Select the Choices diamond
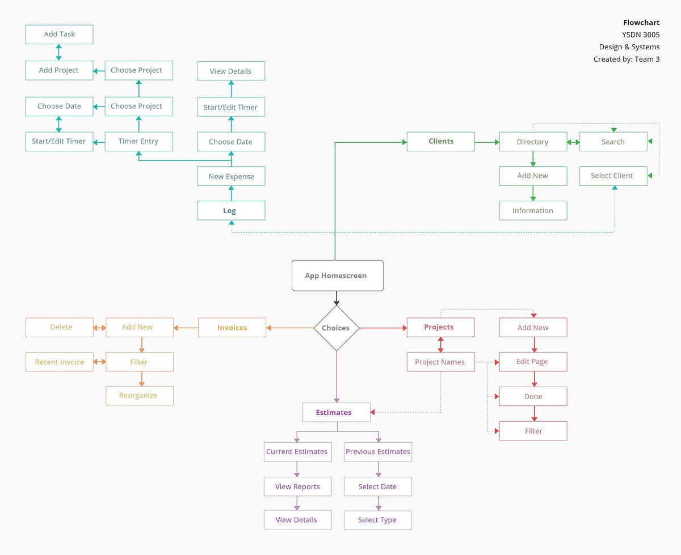pos(337,328)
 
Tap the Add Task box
pos(59,35)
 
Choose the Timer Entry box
pos(138,141)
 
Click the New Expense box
pos(231,176)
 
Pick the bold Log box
pos(231,210)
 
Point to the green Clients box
pos(440,141)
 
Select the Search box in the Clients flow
pos(613,142)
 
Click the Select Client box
pos(613,176)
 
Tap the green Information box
pos(533,210)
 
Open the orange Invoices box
pos(232,328)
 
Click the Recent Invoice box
pos(59,362)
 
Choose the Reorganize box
pos(139,395)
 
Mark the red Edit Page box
pos(533,362)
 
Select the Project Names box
pos(440,362)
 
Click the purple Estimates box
pos(336,412)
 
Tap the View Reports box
pos(297,486)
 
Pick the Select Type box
pos(377,520)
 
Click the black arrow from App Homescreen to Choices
pos(337,298)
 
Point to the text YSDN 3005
pos(641,35)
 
